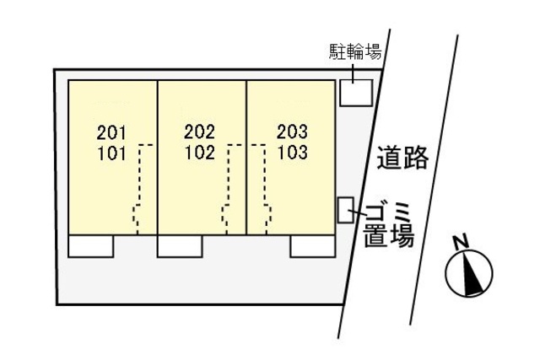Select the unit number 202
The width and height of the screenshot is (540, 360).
tap(199, 132)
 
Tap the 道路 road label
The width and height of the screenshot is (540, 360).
tap(403, 158)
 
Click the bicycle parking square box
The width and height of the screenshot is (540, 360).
tap(355, 92)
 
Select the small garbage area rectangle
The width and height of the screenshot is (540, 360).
tap(344, 209)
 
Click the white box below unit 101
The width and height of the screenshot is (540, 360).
tap(90, 245)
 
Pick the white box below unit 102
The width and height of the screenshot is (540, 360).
tap(180, 245)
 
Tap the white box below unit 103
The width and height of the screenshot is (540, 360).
tap(313, 245)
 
